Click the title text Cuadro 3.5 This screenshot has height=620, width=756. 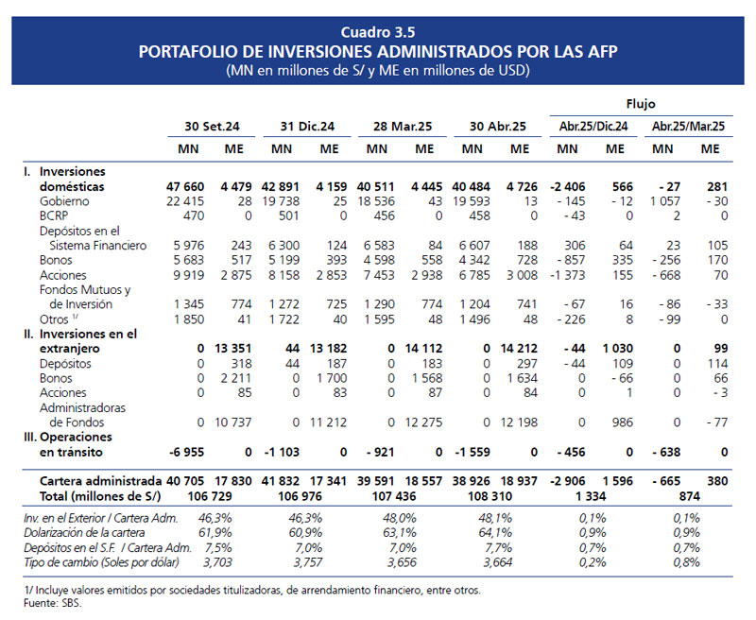tap(377, 32)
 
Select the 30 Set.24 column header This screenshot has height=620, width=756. tap(212, 127)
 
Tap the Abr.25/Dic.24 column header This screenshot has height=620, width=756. tap(593, 127)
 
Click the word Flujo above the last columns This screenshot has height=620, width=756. tap(641, 104)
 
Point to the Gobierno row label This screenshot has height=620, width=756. tap(64, 201)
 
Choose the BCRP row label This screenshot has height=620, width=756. tap(54, 215)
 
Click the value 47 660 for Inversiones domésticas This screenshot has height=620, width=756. tap(185, 186)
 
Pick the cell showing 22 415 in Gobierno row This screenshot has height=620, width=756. tap(185, 201)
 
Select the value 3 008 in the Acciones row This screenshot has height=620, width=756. tap(522, 275)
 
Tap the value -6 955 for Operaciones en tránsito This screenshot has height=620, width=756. tap(186, 452)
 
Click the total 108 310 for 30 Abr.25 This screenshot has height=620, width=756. tap(490, 496)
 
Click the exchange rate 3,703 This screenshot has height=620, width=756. tap(217, 562)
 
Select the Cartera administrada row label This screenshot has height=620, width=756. tap(100, 481)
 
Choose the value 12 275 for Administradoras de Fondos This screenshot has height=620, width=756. tap(423, 422)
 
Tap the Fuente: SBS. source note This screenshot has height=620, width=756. tap(53, 603)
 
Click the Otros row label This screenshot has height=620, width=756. tap(54, 319)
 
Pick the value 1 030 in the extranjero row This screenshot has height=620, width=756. tap(618, 348)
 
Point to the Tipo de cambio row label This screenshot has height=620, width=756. tap(101, 562)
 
